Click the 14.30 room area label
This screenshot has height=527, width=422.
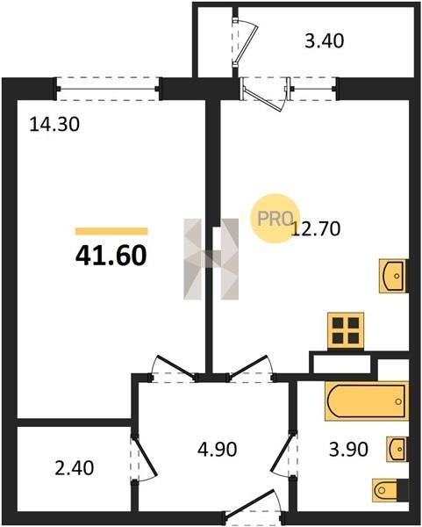[x=54, y=124]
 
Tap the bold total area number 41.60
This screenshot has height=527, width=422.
[x=111, y=255]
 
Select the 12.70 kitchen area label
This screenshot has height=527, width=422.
[x=316, y=229]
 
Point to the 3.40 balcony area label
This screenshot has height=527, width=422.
[x=325, y=41]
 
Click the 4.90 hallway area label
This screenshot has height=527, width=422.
[x=218, y=449]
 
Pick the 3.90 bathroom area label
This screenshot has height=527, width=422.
[x=348, y=449]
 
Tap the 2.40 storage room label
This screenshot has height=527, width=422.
[x=75, y=468]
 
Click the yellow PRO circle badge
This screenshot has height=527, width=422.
[x=275, y=218]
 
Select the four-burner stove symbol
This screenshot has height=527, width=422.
[x=346, y=331]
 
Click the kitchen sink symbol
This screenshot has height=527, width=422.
[x=393, y=276]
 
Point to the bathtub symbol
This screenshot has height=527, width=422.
[x=367, y=401]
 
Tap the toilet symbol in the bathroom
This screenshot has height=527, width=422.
[x=390, y=490]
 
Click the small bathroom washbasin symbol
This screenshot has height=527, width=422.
[x=397, y=450]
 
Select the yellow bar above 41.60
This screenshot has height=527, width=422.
[x=111, y=231]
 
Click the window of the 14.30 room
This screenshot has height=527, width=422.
[x=107, y=89]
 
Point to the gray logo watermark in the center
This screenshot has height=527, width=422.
[x=211, y=259]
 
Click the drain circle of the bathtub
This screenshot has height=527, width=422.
[x=398, y=401]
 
